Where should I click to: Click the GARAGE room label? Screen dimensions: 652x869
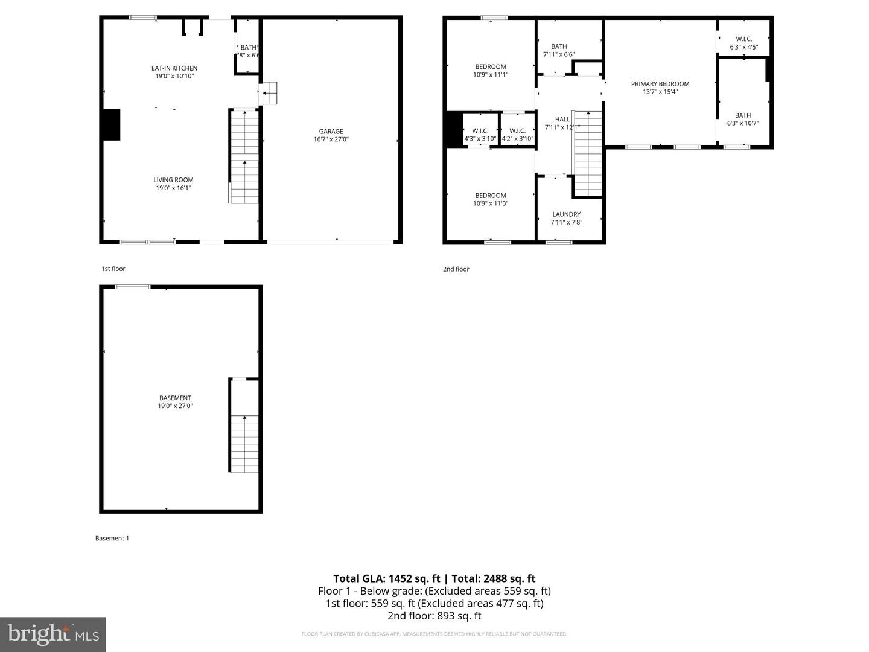[x=331, y=132]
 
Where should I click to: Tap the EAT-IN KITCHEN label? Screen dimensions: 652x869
[x=174, y=68]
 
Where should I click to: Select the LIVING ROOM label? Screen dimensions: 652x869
[x=173, y=180]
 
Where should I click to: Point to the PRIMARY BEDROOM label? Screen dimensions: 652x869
[x=660, y=84]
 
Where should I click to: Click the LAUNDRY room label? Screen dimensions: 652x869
[x=566, y=214]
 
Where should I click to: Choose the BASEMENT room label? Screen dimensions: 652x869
[x=175, y=398]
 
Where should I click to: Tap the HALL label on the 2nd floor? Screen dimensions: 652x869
[x=562, y=120]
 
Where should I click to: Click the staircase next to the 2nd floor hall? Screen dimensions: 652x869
[x=588, y=154]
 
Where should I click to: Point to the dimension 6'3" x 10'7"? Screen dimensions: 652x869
[x=743, y=123]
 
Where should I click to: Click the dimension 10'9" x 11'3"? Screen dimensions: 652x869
[x=491, y=203]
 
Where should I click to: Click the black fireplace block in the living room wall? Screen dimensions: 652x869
[x=112, y=125]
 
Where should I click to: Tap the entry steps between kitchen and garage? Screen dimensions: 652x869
[x=269, y=94]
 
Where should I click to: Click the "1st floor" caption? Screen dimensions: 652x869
[x=113, y=269]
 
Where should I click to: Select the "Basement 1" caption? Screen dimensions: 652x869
[x=112, y=538]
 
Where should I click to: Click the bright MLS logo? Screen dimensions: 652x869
[x=53, y=634]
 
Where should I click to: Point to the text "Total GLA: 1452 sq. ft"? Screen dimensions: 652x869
[x=387, y=578]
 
